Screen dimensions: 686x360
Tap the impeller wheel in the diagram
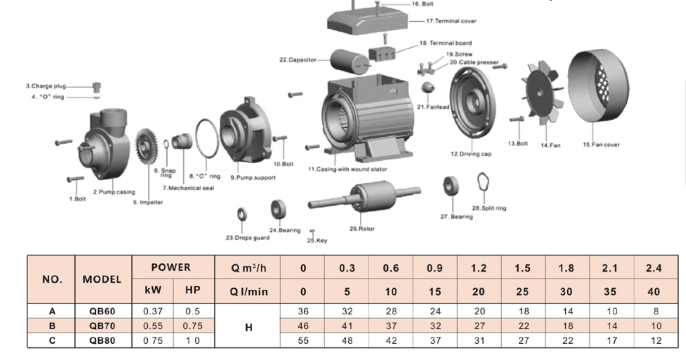point(147,146)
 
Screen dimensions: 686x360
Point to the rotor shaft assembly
point(364,196)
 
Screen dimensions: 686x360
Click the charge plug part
point(97,87)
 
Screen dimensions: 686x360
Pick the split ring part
point(483,182)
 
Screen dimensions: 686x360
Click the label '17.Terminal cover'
point(451,21)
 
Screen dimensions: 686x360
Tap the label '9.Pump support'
point(253,178)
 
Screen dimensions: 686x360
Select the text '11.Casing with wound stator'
point(348,169)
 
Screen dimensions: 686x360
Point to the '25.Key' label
point(317,241)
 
